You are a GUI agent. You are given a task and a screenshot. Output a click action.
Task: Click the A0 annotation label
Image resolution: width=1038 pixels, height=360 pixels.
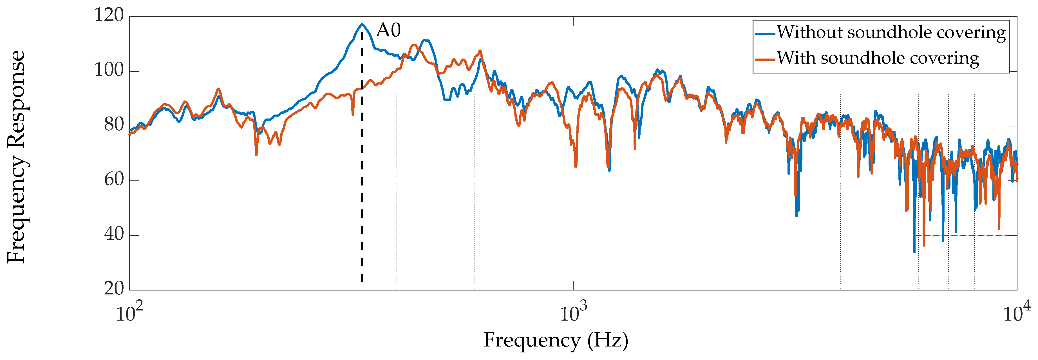click(388, 30)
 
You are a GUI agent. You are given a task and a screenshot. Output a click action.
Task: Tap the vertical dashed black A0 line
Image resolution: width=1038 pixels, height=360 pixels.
click(362, 161)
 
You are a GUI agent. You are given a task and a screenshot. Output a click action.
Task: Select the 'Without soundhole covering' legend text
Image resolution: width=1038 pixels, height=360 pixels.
click(891, 33)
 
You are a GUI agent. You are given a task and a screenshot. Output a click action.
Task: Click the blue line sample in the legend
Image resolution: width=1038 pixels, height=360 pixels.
click(765, 34)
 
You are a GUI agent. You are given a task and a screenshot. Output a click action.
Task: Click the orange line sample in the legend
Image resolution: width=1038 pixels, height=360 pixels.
click(765, 60)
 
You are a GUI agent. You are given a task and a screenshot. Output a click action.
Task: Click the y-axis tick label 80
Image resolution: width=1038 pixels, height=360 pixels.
click(114, 125)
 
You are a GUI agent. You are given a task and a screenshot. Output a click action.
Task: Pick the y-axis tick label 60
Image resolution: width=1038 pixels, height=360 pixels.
click(114, 180)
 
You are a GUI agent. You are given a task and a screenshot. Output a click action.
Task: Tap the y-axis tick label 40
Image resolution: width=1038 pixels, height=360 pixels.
click(114, 234)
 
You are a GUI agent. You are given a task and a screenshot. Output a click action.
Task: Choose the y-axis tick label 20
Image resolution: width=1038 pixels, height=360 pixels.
click(114, 289)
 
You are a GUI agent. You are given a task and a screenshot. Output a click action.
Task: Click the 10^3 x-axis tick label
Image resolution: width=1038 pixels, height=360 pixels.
click(573, 313)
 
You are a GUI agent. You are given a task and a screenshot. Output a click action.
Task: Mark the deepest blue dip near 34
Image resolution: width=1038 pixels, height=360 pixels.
click(914, 252)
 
